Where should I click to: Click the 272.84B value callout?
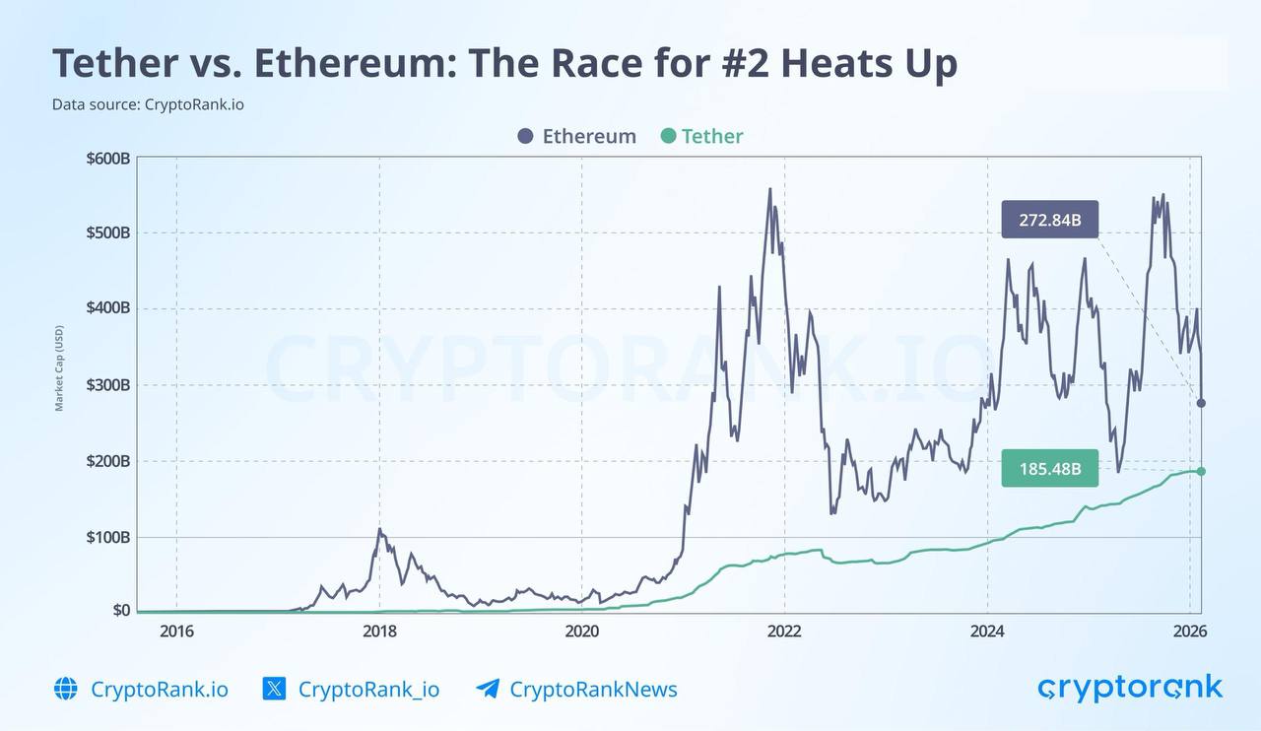(1049, 220)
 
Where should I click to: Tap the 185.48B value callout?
(1049, 469)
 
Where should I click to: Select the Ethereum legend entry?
(576, 136)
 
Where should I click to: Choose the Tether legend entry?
(701, 136)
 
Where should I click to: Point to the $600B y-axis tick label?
(107, 159)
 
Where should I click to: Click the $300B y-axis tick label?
(107, 385)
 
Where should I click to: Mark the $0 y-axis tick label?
(120, 611)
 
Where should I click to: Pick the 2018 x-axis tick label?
(379, 631)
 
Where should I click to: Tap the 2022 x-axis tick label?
(784, 631)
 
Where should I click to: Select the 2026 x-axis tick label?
(1189, 631)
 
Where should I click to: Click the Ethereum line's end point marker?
(1201, 403)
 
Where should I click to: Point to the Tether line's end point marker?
(1201, 471)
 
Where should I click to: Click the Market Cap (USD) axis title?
(59, 368)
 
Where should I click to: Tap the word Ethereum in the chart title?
(350, 64)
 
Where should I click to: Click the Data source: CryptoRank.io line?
(148, 103)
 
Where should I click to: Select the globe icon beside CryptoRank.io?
(66, 689)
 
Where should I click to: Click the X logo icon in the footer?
(274, 689)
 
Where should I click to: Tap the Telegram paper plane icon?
(488, 689)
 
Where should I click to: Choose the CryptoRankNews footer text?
(593, 689)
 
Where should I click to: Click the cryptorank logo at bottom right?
(1129, 688)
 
